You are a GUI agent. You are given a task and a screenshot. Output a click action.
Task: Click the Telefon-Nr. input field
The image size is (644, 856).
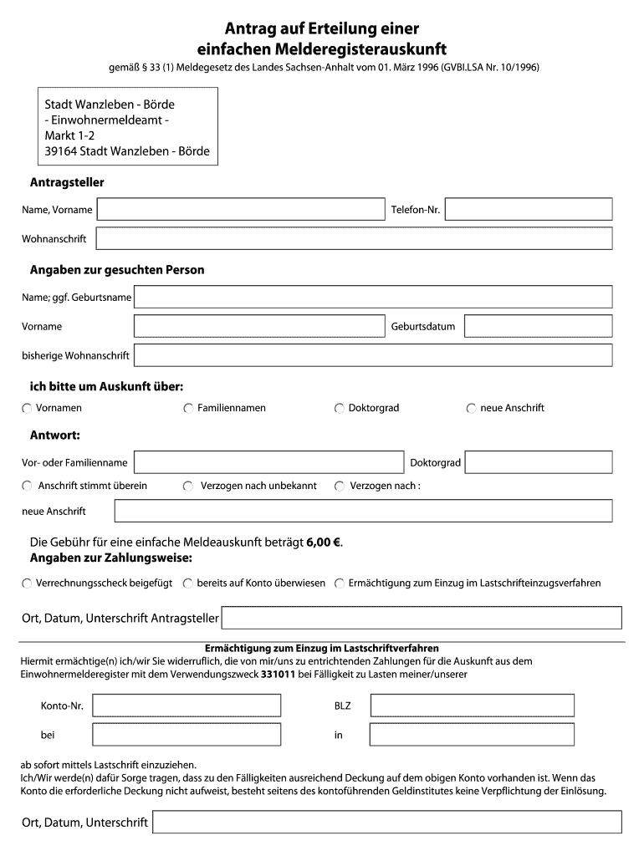[529, 209]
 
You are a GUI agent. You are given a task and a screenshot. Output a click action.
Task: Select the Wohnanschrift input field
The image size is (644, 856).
[354, 239]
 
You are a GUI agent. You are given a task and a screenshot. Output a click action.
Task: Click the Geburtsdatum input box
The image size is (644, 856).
[538, 326]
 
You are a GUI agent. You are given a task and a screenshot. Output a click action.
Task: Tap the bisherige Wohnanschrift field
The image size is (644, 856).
[373, 355]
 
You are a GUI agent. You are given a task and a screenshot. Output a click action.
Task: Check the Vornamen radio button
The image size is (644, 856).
[27, 409]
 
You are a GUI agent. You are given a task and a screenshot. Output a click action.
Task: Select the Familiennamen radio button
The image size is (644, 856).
[188, 409]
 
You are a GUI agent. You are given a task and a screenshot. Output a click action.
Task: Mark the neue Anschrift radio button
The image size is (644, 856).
[472, 409]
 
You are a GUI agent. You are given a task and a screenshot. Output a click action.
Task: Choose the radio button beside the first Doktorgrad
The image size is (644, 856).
[340, 409]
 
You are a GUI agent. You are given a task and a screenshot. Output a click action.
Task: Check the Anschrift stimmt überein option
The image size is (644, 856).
[27, 487]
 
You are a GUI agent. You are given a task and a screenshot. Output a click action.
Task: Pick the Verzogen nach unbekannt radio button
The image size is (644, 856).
[188, 487]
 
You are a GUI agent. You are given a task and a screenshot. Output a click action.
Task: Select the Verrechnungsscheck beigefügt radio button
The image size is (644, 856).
[27, 583]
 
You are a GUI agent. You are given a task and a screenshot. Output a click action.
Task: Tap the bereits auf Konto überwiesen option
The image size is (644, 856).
[188, 583]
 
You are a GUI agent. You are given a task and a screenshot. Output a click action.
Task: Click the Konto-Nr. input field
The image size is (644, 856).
[187, 706]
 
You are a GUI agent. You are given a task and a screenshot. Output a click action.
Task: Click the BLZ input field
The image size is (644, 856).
[473, 706]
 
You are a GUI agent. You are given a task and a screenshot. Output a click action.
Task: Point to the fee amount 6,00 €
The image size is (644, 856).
[324, 542]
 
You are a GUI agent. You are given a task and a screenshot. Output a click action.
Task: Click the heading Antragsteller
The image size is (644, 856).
[67, 182]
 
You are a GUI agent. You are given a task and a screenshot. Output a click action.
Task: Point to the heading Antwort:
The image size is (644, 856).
[55, 436]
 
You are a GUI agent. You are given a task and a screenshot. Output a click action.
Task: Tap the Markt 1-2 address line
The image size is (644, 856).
[69, 136]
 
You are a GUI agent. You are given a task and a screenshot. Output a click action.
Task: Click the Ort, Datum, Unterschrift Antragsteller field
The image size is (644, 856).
[422, 618]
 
